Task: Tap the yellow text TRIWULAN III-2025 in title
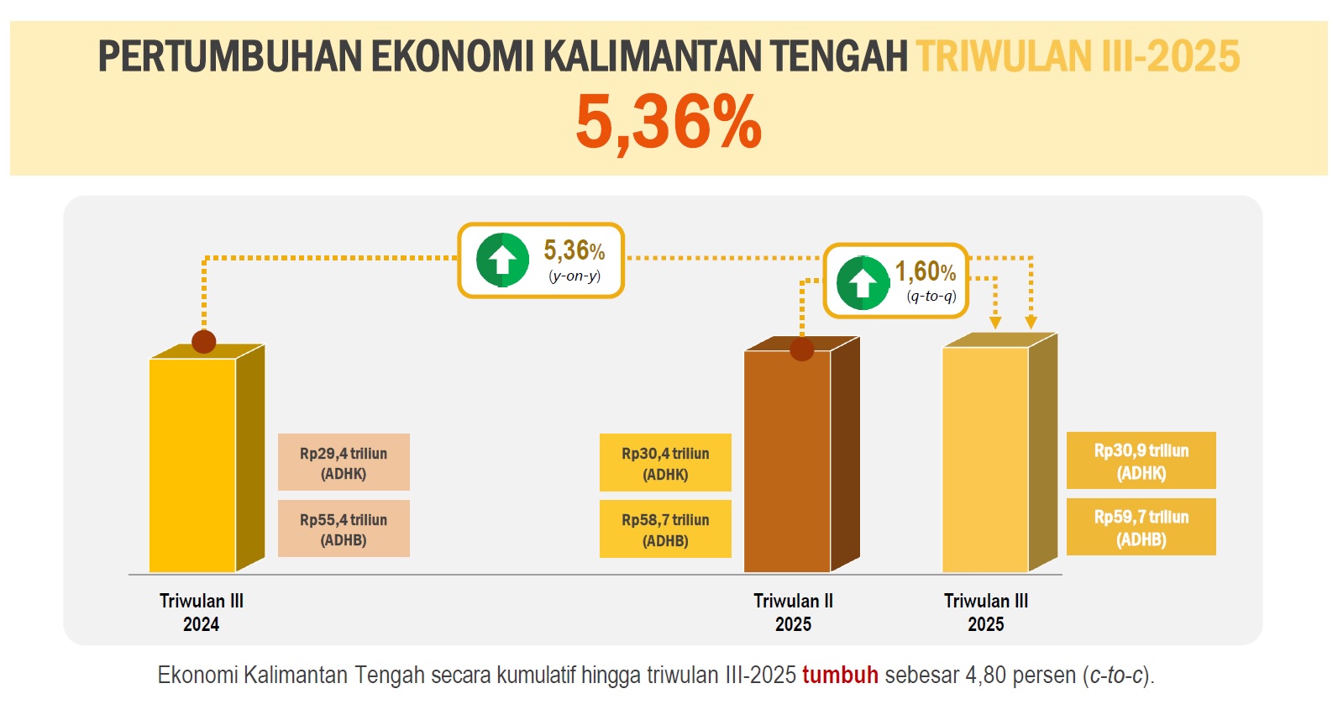[1078, 57]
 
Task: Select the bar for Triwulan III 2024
[207, 458]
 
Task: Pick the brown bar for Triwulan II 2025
[801, 455]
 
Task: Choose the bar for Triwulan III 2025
[1000, 453]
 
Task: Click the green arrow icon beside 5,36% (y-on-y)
[502, 260]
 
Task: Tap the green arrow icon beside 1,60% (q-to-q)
[863, 282]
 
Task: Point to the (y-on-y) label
[575, 276]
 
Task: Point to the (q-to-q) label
[931, 296]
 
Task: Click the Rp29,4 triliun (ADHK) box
[344, 462]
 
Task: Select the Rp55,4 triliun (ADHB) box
[344, 528]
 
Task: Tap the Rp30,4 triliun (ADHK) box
[665, 463]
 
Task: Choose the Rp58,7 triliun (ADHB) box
[665, 529]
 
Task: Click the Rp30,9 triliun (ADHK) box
[1141, 460]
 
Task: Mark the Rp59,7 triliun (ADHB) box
[1141, 527]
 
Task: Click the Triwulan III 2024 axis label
[202, 612]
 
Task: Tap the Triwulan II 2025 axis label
[793, 612]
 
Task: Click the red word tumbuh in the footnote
[840, 675]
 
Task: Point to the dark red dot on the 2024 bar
[204, 342]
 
